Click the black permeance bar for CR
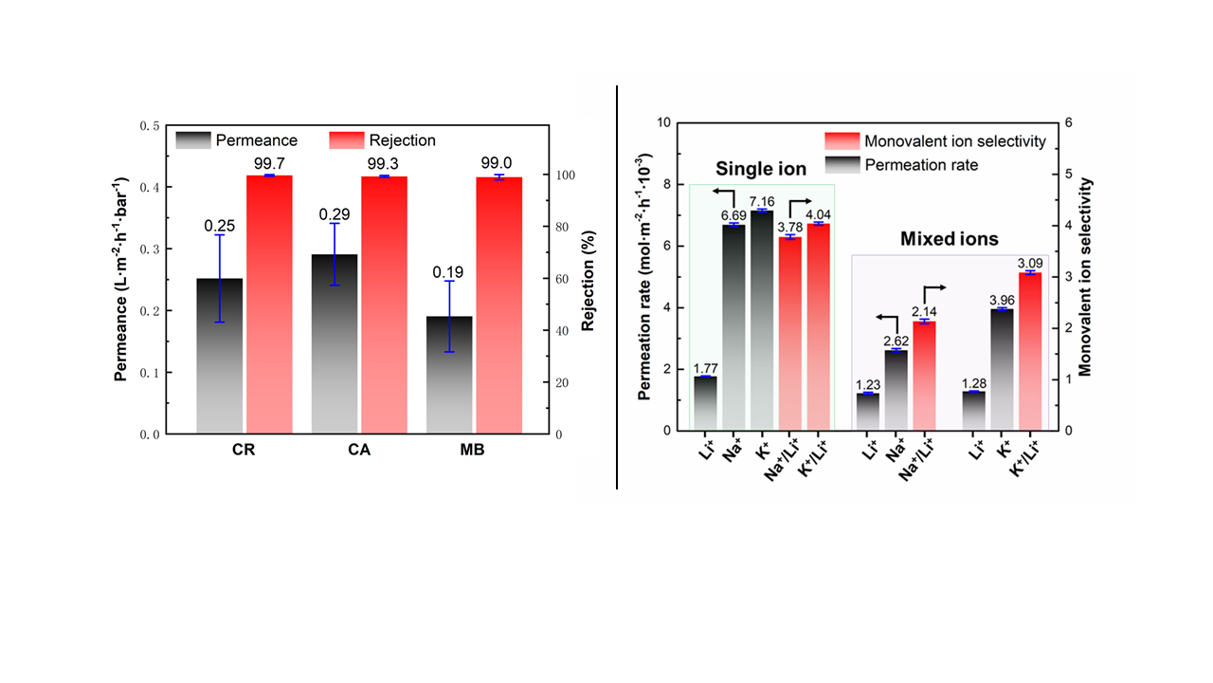pos(220,356)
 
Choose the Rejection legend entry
pos(383,140)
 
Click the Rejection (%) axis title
pos(588,280)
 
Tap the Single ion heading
pos(761,169)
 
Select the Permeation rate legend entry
pos(909,164)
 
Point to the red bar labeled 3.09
pos(1030,351)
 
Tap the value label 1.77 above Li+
pos(705,368)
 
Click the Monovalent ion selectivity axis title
pos(1086,277)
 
